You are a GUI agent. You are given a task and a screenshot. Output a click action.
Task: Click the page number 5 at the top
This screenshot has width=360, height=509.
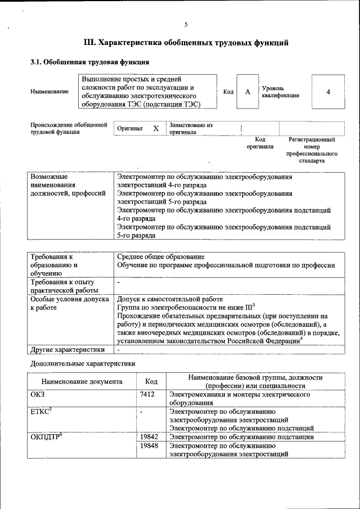point(186,24)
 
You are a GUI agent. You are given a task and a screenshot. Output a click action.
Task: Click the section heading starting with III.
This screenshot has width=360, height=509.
point(186,42)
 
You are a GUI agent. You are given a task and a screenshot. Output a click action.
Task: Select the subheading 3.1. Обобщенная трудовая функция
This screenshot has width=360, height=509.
point(89,62)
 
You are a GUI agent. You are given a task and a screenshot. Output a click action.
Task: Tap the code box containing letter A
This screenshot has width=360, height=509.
point(247,92)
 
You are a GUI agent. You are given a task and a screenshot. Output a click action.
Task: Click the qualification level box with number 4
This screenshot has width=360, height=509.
point(328,92)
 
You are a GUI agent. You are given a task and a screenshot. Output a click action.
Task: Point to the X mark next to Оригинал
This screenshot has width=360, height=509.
point(156,129)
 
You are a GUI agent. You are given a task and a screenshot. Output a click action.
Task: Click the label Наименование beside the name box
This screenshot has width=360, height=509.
point(49,92)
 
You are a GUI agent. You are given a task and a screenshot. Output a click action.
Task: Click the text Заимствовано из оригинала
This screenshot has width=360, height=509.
point(190,129)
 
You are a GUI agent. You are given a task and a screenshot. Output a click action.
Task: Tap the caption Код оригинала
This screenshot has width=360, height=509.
point(260,143)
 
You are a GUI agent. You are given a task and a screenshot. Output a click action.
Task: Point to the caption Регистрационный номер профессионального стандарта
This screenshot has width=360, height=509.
point(312,150)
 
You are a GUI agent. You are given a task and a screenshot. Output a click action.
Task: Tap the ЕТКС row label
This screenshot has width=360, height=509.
point(40,412)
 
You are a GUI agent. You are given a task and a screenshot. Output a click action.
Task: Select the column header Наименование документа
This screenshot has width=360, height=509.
point(82,381)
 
